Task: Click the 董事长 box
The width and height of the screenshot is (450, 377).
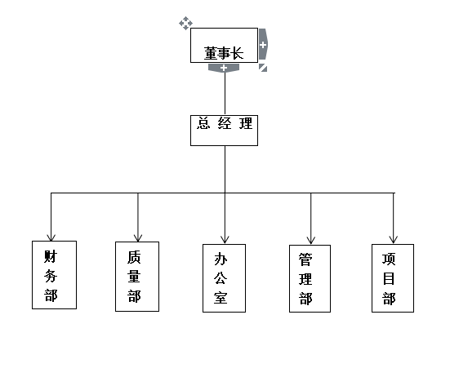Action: tap(224, 46)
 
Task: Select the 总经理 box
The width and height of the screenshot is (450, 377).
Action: tap(224, 131)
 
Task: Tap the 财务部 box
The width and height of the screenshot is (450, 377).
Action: tap(54, 275)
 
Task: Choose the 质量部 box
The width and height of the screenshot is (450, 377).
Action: tap(137, 277)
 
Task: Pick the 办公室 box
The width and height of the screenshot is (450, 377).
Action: tap(224, 278)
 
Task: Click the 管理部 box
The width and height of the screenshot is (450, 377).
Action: tap(310, 278)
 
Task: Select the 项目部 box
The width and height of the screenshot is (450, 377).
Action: tap(393, 278)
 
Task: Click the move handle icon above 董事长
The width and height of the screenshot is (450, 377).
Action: tap(185, 23)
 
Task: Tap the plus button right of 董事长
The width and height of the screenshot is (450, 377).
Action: tap(263, 44)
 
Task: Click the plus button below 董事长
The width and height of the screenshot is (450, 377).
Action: tap(224, 68)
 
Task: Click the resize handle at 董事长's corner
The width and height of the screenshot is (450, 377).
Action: tap(263, 68)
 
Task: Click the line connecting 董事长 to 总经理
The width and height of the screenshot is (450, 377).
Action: tap(225, 94)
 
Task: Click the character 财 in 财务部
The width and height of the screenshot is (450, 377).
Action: tap(51, 256)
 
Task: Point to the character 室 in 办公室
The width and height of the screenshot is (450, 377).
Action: tap(221, 298)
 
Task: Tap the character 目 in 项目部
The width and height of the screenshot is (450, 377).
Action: tap(389, 278)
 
